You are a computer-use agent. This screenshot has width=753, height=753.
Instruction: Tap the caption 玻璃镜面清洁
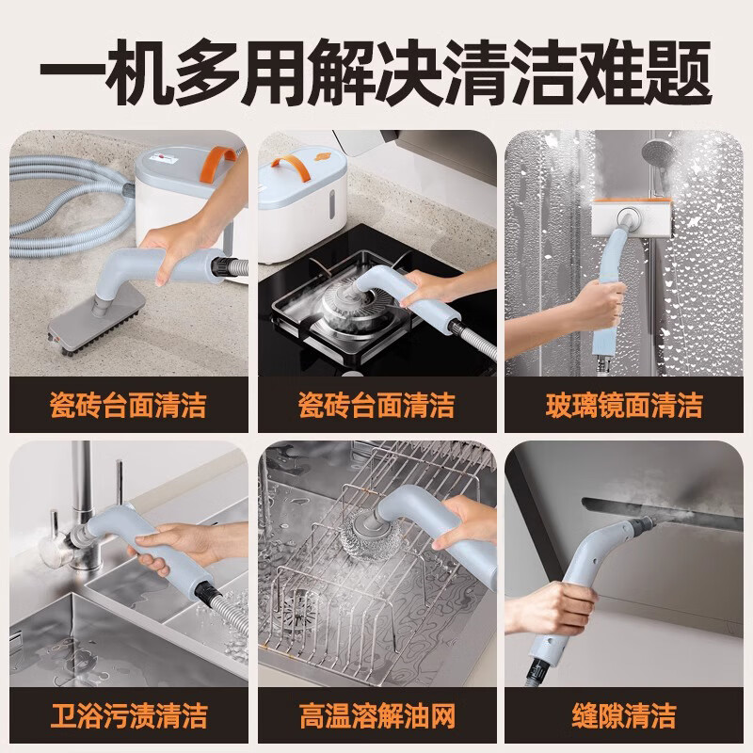coord(624,406)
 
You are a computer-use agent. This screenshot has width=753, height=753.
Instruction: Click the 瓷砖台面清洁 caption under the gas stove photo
coord(376,406)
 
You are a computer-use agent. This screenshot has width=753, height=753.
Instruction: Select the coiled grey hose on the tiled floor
coord(56,207)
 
